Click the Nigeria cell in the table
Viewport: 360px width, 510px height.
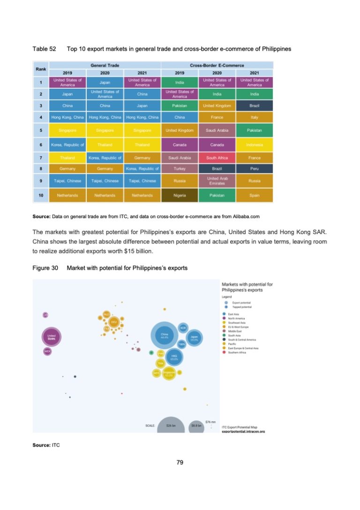[180, 195]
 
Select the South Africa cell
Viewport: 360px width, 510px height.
[217, 158]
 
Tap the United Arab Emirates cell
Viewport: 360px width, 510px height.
[217, 181]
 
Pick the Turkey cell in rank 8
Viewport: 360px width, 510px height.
[180, 167]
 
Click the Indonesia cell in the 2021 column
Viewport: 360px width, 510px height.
[255, 145]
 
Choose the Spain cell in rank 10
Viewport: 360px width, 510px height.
[255, 195]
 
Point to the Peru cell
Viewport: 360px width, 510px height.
[255, 167]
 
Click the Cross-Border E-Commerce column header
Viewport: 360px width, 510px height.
[217, 66]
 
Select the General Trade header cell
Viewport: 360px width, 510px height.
[105, 66]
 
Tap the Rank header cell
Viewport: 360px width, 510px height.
[40, 69]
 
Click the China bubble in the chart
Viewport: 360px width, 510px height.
[165, 336]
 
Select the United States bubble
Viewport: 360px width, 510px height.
[52, 337]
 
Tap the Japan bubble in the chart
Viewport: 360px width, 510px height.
[194, 338]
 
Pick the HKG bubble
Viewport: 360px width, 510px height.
[174, 357]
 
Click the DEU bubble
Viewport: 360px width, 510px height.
[113, 322]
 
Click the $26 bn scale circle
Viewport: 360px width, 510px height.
[171, 425]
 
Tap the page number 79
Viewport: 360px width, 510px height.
[180, 463]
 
